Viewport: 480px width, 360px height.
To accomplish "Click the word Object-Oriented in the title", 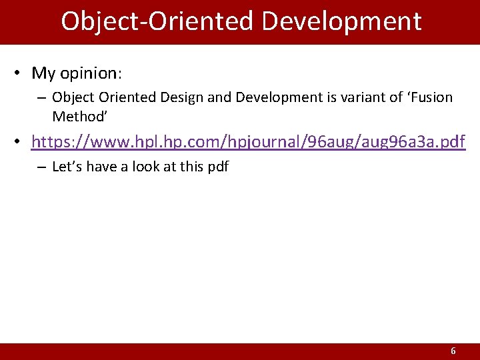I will tap(157, 21).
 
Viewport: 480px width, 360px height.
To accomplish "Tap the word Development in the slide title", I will tap(341, 21).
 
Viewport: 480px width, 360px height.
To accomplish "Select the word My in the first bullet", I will tap(44, 73).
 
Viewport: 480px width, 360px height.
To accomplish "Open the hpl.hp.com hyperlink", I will tap(248, 142).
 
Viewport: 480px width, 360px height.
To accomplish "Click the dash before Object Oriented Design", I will tap(41, 98).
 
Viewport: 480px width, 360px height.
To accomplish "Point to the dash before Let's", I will tap(41, 167).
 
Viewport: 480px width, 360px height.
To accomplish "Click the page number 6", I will tap(453, 351).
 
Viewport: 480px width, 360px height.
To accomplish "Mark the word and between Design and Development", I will tap(217, 97).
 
